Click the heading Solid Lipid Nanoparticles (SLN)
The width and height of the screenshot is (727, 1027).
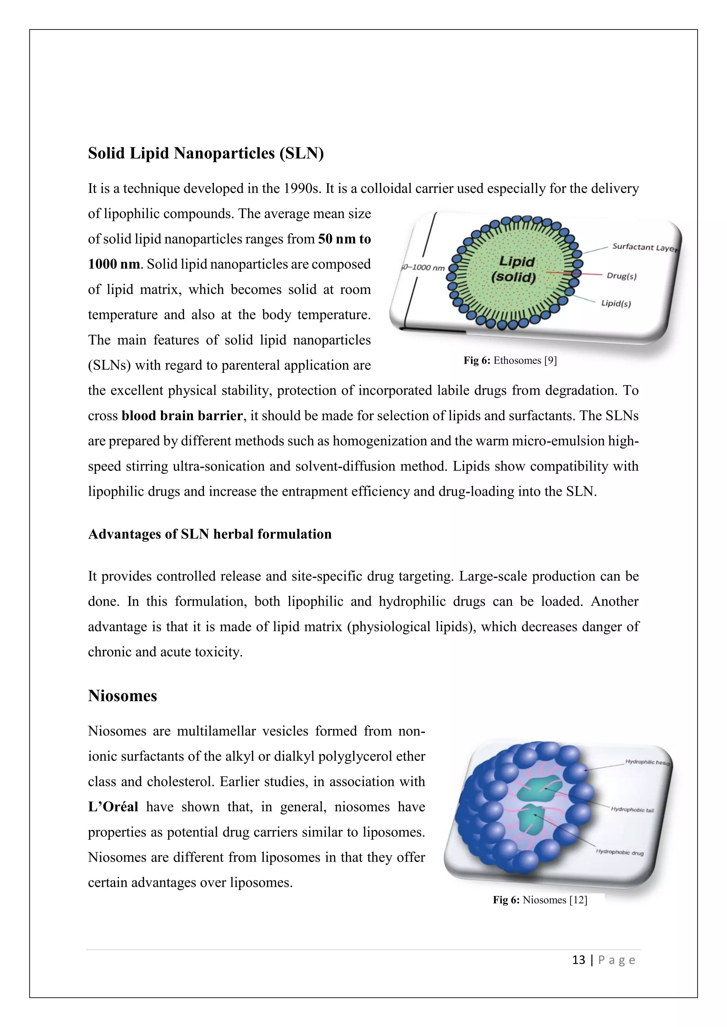point(206,154)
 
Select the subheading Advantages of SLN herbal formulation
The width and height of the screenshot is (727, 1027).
point(209,534)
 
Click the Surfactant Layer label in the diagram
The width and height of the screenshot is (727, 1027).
point(644,248)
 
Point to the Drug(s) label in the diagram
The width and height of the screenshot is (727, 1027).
point(621,276)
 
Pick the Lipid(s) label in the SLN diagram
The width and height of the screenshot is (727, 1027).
point(616,303)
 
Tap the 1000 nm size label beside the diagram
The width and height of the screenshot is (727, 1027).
point(423,267)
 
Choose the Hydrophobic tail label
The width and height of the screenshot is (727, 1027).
point(632,810)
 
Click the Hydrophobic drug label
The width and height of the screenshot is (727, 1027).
point(619,853)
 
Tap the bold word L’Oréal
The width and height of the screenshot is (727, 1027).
point(113,807)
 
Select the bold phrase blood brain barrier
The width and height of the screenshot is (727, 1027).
point(182,416)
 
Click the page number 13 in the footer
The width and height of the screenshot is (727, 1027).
point(578,960)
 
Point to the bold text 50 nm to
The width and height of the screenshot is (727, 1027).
point(344,239)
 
